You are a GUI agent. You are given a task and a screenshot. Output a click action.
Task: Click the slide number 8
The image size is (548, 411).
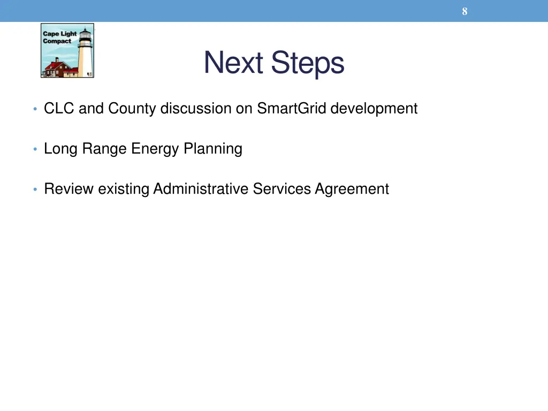click(465, 11)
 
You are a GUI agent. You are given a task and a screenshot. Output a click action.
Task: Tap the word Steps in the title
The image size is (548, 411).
click(307, 64)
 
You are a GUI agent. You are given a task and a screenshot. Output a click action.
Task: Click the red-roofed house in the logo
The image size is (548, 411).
click(58, 68)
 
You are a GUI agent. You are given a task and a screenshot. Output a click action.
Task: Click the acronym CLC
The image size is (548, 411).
click(59, 109)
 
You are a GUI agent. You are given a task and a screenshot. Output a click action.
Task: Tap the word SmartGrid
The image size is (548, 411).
click(292, 109)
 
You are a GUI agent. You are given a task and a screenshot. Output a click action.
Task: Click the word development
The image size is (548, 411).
click(374, 109)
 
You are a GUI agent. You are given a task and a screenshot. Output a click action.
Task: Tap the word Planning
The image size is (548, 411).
click(213, 149)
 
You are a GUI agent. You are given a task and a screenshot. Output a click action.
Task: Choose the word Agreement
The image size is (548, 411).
click(352, 189)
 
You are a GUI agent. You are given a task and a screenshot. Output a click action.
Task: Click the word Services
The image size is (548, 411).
click(282, 189)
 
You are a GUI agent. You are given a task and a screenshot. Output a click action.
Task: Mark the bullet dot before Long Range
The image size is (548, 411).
click(34, 149)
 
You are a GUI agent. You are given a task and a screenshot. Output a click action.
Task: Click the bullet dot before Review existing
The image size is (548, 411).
click(34, 189)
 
